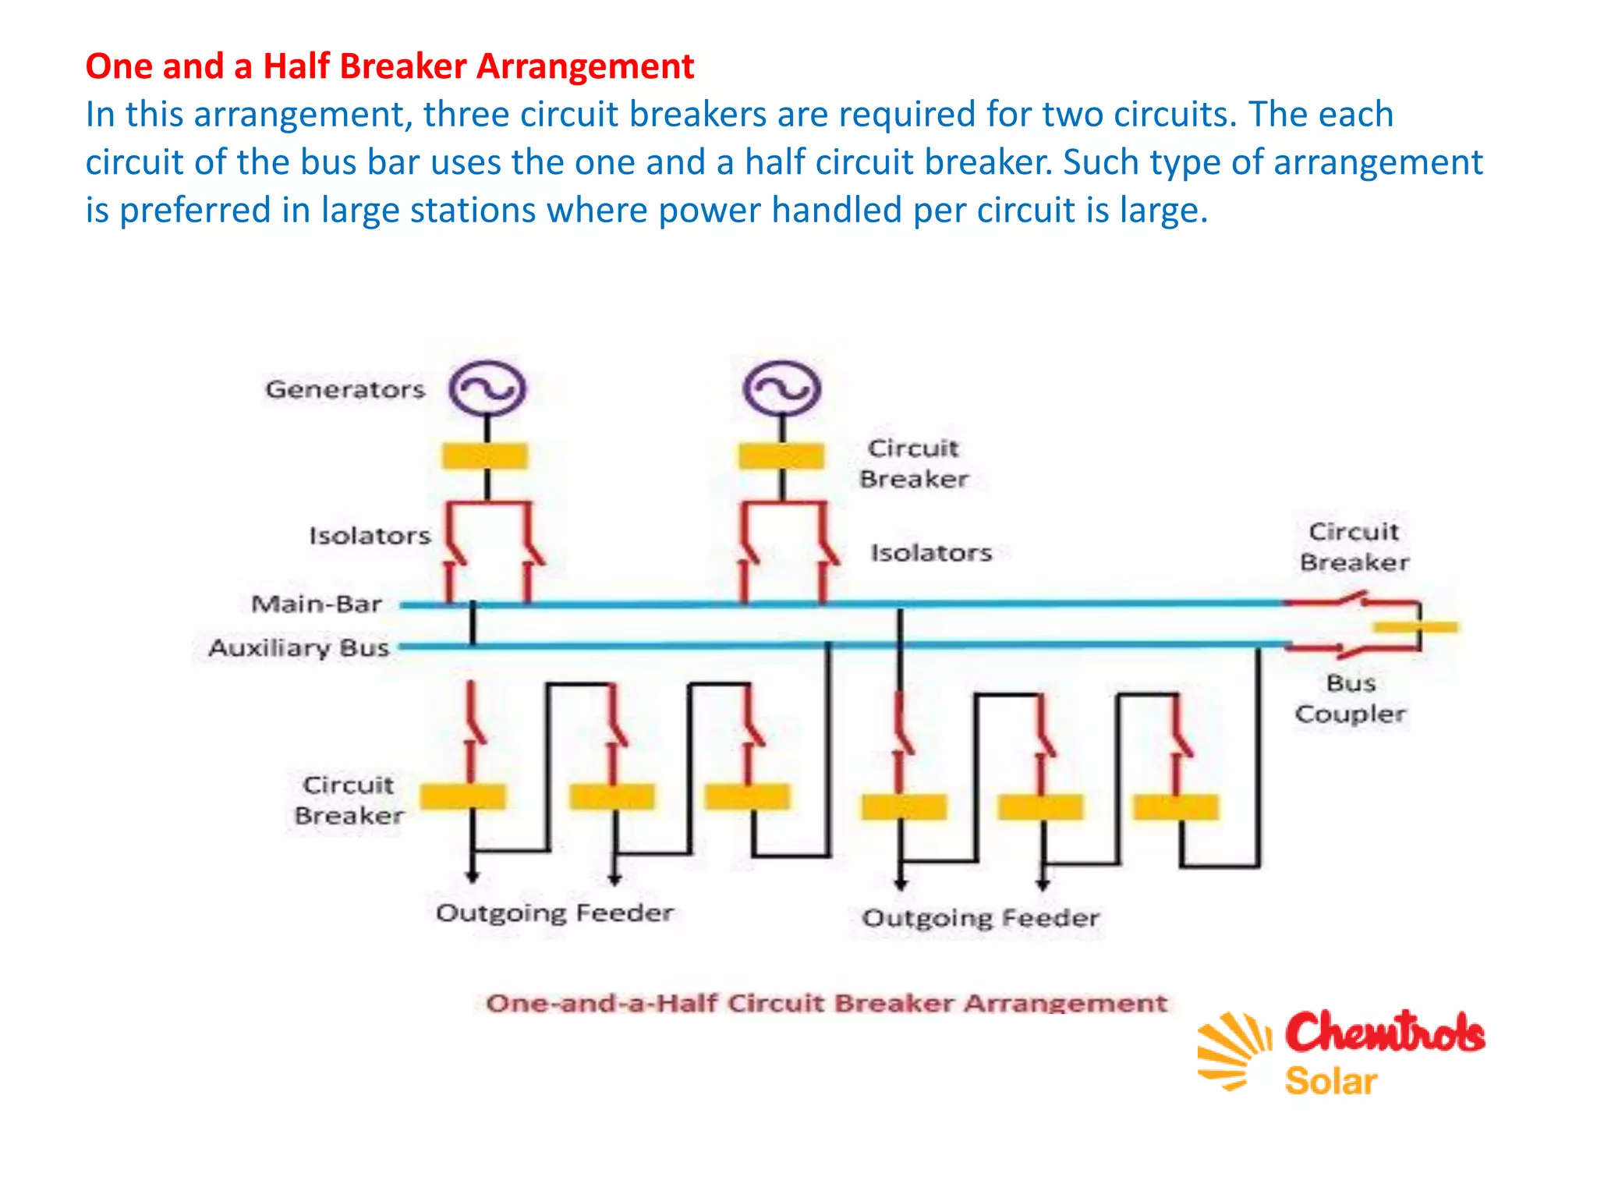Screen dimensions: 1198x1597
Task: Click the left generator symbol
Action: pyautogui.click(x=487, y=388)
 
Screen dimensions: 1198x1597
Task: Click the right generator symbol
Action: pyautogui.click(x=781, y=388)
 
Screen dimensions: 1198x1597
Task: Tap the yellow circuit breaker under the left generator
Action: pyautogui.click(x=485, y=455)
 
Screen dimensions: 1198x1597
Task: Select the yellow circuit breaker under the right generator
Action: pyautogui.click(x=781, y=455)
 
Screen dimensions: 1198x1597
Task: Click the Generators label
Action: pyautogui.click(x=345, y=389)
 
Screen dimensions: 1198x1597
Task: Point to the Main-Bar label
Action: pyautogui.click(x=317, y=604)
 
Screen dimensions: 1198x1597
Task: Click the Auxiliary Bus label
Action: pyautogui.click(x=299, y=647)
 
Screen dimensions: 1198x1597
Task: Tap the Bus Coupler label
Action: pyautogui.click(x=1351, y=699)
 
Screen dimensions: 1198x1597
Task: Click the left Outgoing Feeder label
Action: pyautogui.click(x=554, y=913)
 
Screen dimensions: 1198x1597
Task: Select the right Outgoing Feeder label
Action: pyautogui.click(x=981, y=917)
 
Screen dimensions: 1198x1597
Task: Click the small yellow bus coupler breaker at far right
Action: pyautogui.click(x=1415, y=626)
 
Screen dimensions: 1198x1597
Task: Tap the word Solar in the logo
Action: pyautogui.click(x=1331, y=1081)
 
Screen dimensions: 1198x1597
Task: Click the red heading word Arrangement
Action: pyautogui.click(x=585, y=66)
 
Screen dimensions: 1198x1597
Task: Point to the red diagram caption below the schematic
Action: pyautogui.click(x=827, y=1003)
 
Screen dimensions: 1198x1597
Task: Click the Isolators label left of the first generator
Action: pyautogui.click(x=370, y=536)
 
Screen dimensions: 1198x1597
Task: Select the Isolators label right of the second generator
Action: pyautogui.click(x=931, y=552)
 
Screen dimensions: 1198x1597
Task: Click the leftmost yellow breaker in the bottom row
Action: pyautogui.click(x=463, y=796)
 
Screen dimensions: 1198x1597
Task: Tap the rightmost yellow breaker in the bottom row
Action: pyautogui.click(x=1176, y=807)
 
